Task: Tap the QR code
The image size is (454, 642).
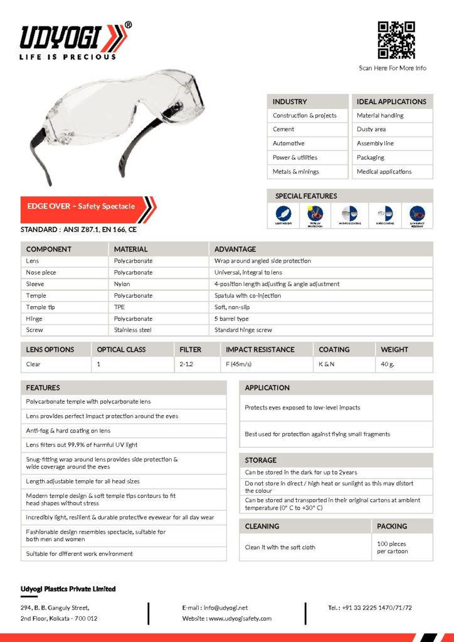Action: pyautogui.click(x=396, y=40)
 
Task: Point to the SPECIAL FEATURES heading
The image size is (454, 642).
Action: pyautogui.click(x=305, y=196)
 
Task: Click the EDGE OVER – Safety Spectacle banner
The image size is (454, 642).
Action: pyautogui.click(x=82, y=206)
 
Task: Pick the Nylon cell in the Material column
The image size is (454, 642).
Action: pyautogui.click(x=122, y=284)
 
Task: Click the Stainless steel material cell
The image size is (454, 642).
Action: pyautogui.click(x=133, y=330)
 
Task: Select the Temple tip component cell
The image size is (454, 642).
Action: pyautogui.click(x=40, y=307)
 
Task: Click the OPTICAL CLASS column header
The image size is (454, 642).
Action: pyautogui.click(x=121, y=349)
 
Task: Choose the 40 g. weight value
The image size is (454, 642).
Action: pyautogui.click(x=388, y=364)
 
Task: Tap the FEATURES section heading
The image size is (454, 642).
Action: pyautogui.click(x=43, y=387)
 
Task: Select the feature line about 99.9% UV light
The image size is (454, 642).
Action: pyautogui.click(x=82, y=445)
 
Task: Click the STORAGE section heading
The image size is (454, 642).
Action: pyautogui.click(x=261, y=460)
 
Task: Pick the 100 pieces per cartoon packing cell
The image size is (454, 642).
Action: pyautogui.click(x=392, y=547)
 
